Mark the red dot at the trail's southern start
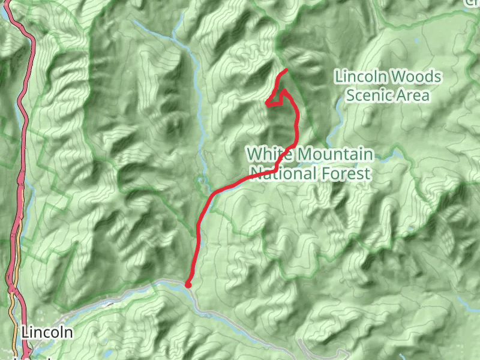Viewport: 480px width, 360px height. [188, 285]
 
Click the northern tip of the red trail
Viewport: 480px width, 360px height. [286, 71]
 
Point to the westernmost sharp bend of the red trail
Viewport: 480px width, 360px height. [266, 103]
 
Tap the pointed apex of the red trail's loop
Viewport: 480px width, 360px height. [283, 91]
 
